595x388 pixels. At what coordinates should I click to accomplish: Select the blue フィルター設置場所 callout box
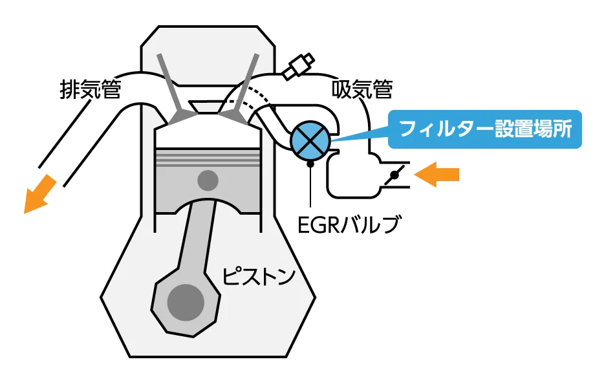pos(485,127)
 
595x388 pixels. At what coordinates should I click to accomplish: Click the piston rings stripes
pos(208,156)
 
